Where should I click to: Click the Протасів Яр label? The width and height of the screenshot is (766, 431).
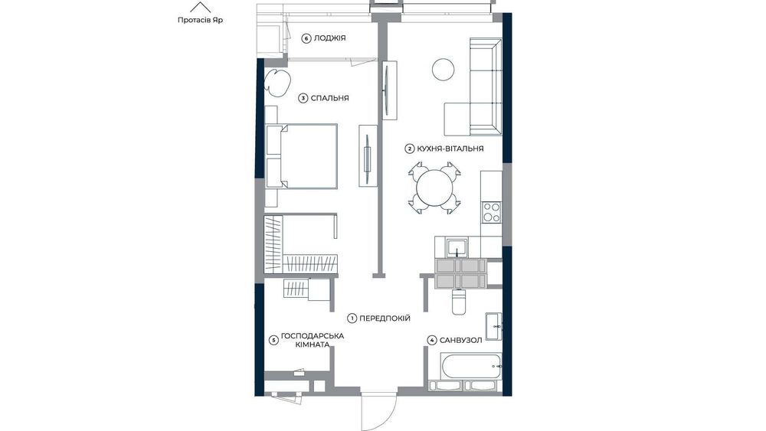coord(200,21)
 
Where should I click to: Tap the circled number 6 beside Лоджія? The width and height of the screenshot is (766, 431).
coord(306,38)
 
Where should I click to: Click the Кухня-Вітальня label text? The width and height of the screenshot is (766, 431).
coord(450,149)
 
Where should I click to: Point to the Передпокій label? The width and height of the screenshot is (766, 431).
coord(385,318)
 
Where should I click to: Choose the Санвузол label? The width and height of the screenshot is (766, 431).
coord(460,340)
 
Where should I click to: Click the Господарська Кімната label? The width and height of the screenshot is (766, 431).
coord(313,340)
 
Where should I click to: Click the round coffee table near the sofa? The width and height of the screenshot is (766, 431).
coord(444,69)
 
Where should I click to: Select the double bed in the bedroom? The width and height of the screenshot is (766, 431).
coord(302,155)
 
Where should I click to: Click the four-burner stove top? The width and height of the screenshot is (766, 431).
coord(492,212)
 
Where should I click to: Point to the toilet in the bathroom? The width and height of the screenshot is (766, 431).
coord(459,301)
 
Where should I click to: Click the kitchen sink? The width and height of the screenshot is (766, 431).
coord(458,247)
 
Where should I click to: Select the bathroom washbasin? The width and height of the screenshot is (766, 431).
coord(493,326)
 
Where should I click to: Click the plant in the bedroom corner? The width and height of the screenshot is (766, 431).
coord(277,81)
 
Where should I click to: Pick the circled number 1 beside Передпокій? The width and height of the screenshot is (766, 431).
coord(352,318)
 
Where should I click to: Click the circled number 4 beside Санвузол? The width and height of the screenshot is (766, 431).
coord(432,340)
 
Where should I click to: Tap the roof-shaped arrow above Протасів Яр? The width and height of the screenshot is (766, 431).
coord(200,7)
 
